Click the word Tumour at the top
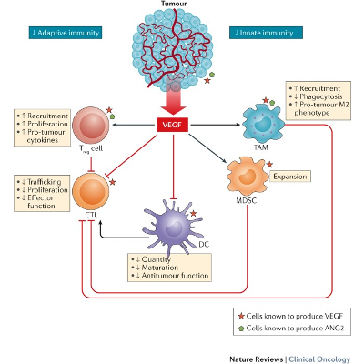coord(177,5)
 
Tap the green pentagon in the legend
coord(239,329)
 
